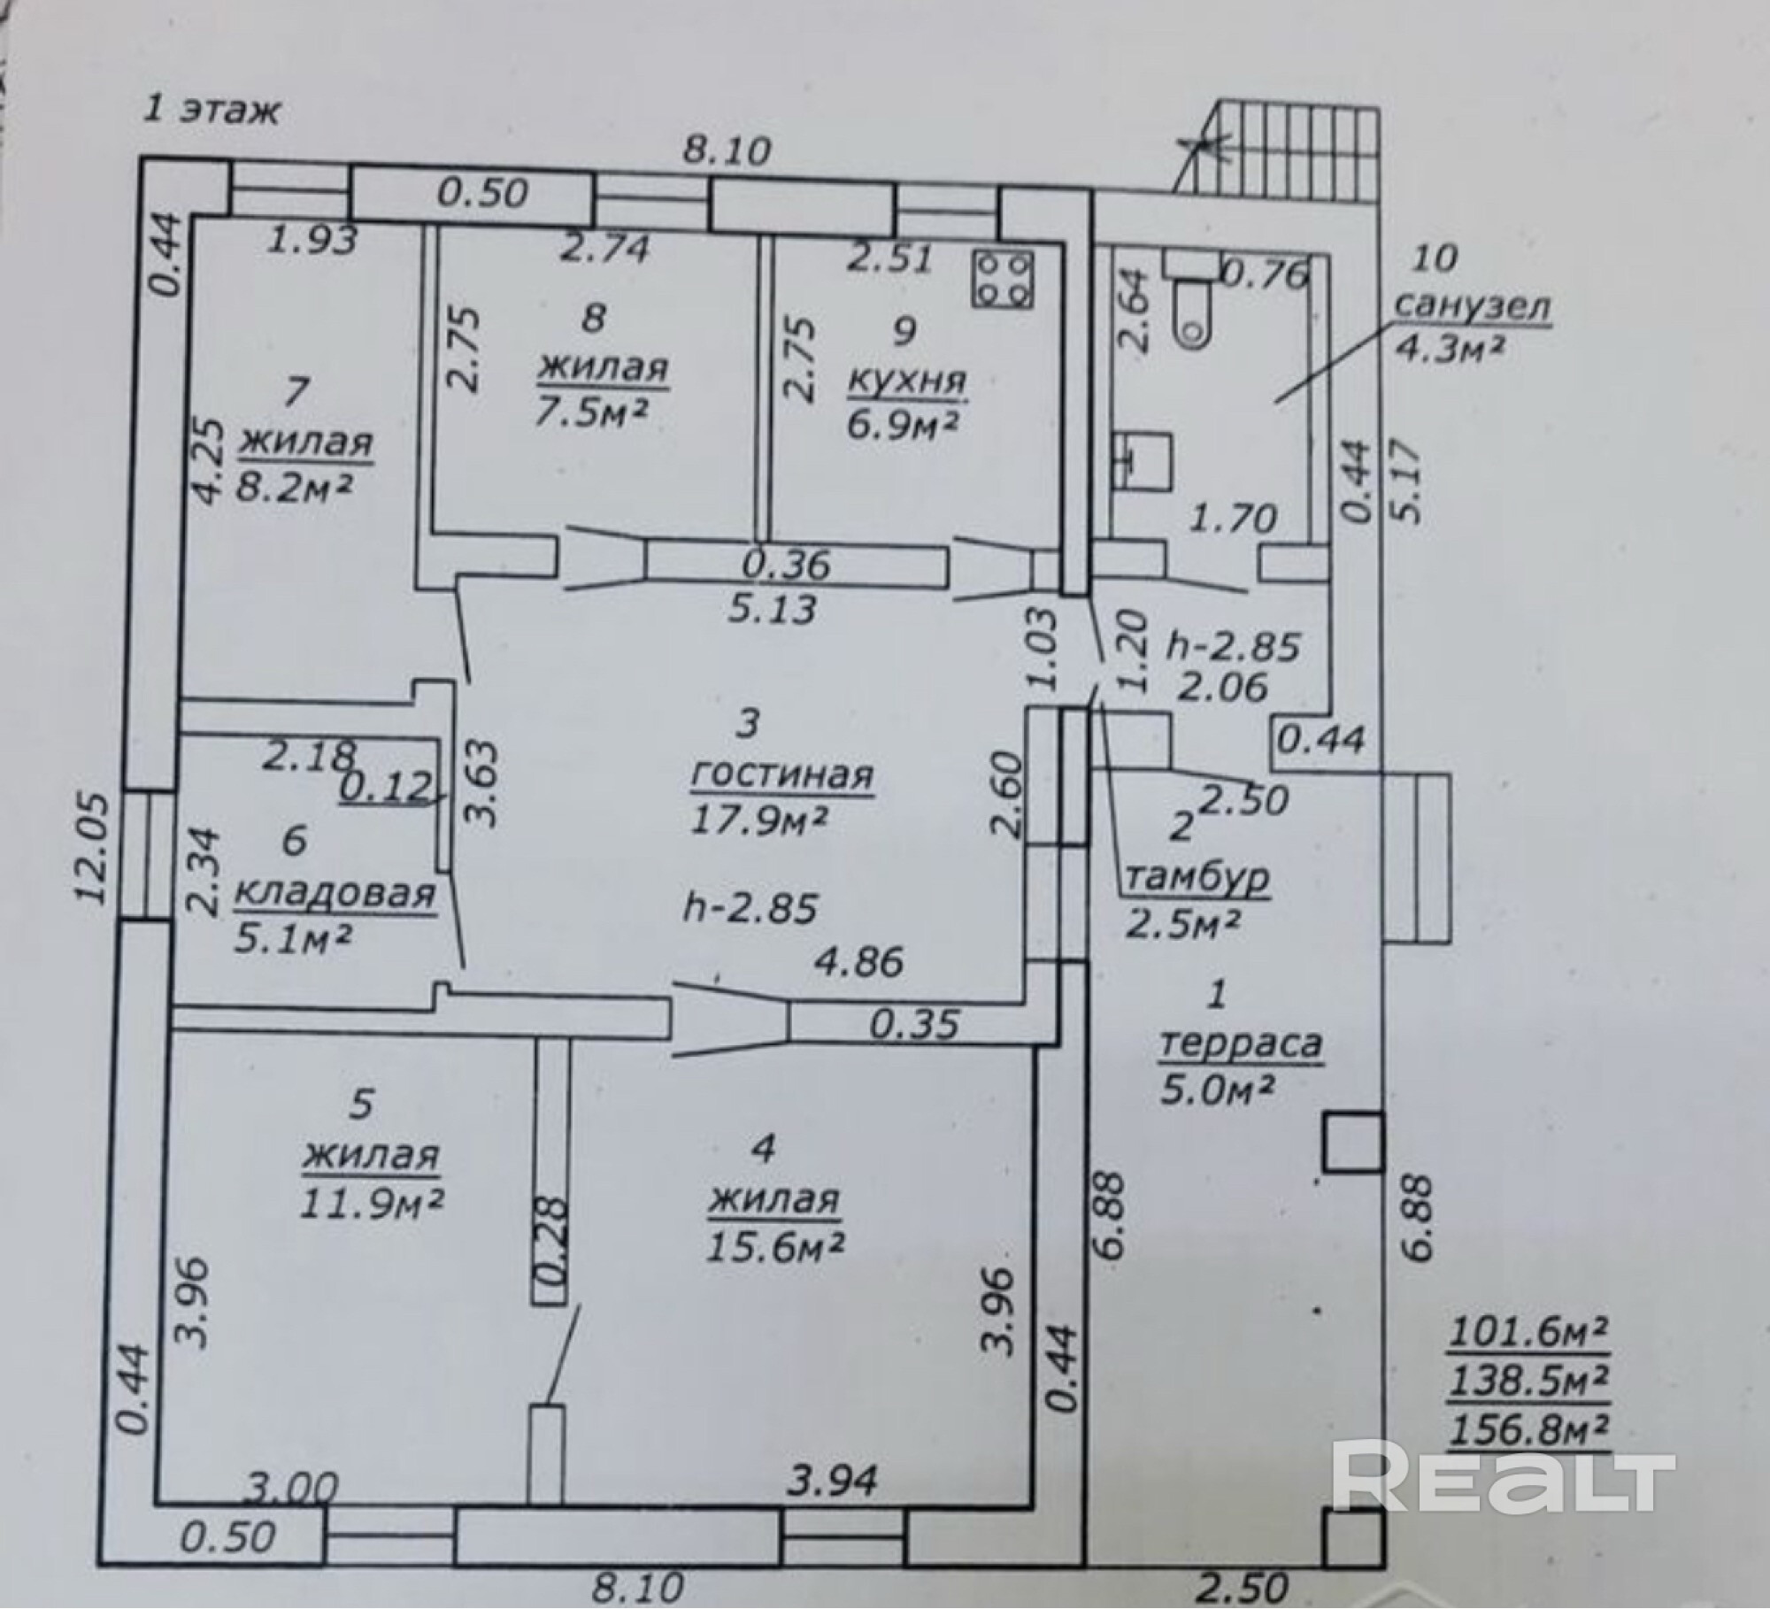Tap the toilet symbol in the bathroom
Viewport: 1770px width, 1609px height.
(x=1194, y=305)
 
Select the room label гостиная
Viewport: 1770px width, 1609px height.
(x=781, y=775)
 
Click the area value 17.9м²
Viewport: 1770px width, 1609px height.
(x=759, y=820)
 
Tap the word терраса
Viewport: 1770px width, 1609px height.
(x=1240, y=1044)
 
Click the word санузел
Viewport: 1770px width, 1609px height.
(x=1473, y=306)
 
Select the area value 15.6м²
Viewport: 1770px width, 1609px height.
(x=774, y=1246)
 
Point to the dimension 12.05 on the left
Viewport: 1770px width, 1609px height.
(x=90, y=848)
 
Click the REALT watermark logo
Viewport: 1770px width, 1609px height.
(x=1504, y=1480)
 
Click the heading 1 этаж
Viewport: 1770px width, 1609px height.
(x=212, y=112)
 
